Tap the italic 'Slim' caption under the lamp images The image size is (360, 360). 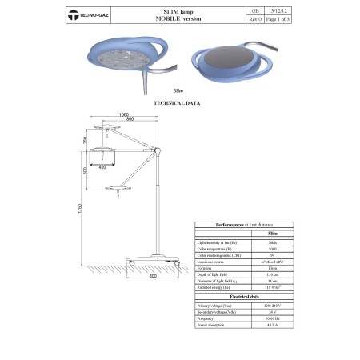(178, 93)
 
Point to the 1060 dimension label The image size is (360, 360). (122, 114)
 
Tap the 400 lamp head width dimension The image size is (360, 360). (102, 166)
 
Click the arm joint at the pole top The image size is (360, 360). (159, 150)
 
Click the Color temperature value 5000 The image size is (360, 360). (272, 248)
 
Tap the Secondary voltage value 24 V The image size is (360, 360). (272, 310)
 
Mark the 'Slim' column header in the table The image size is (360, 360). (272, 233)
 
